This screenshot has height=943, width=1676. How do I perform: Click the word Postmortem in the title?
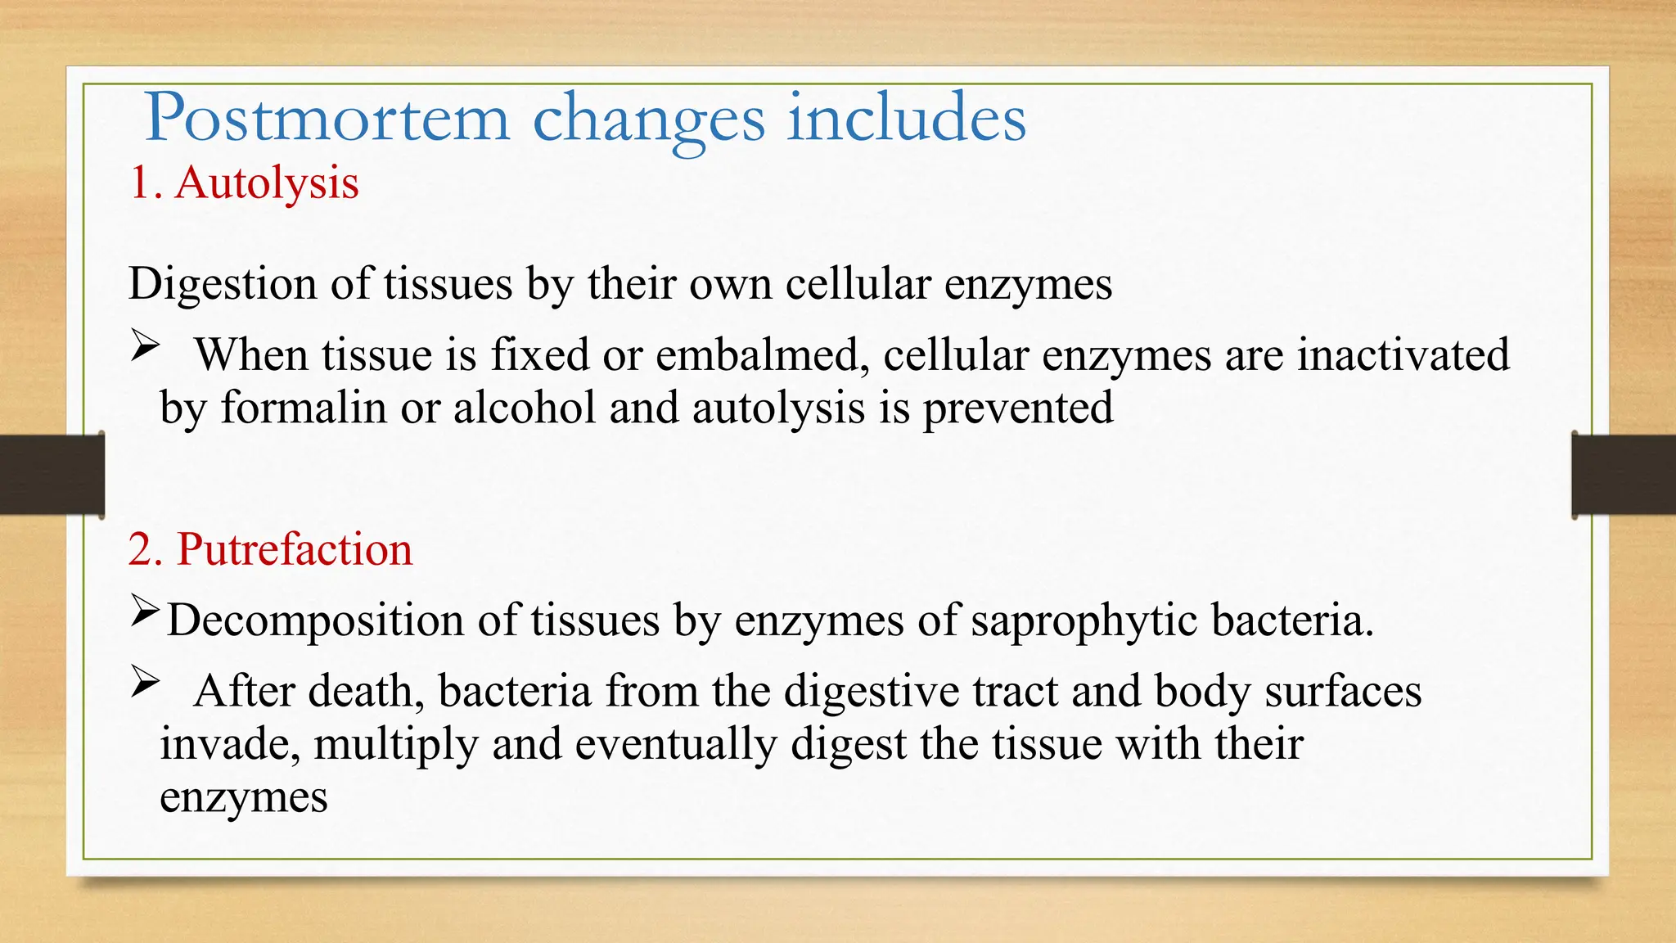click(x=327, y=120)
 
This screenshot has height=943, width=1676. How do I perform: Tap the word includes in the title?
click(x=906, y=118)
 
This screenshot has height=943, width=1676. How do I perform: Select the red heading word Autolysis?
click(x=267, y=183)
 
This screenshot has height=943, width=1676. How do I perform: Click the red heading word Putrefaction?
click(x=295, y=549)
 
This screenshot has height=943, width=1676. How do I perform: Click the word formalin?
click(x=304, y=408)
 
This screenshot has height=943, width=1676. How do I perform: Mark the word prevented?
click(x=1018, y=408)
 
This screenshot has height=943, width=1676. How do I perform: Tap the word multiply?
click(x=395, y=745)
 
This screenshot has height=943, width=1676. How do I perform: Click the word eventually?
click(x=676, y=745)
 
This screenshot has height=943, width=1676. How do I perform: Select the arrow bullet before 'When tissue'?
click(x=144, y=347)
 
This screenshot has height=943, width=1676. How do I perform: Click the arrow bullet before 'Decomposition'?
click(x=144, y=611)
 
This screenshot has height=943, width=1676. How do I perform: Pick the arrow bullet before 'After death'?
click(x=144, y=683)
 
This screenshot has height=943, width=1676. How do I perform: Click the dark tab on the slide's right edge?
click(x=1624, y=475)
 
